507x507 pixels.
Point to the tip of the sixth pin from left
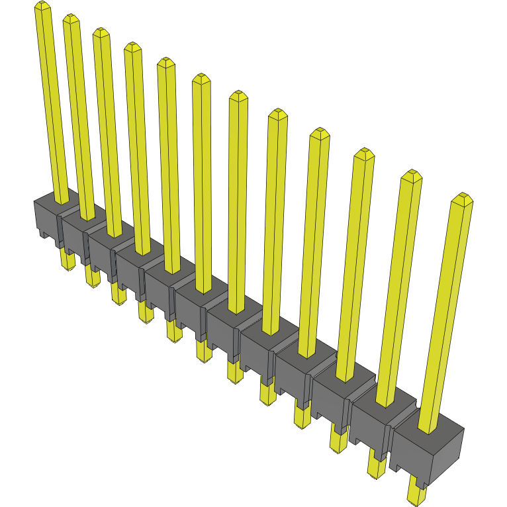pyautogui.click(x=201, y=79)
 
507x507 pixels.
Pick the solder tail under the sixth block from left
pyautogui.click(x=203, y=349)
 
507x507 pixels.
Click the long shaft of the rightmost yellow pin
pyautogui.click(x=447, y=311)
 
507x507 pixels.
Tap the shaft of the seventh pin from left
pyautogui.click(x=238, y=199)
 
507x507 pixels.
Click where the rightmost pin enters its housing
pyautogui.click(x=428, y=427)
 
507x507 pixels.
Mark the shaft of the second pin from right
pyautogui.click(x=400, y=285)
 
